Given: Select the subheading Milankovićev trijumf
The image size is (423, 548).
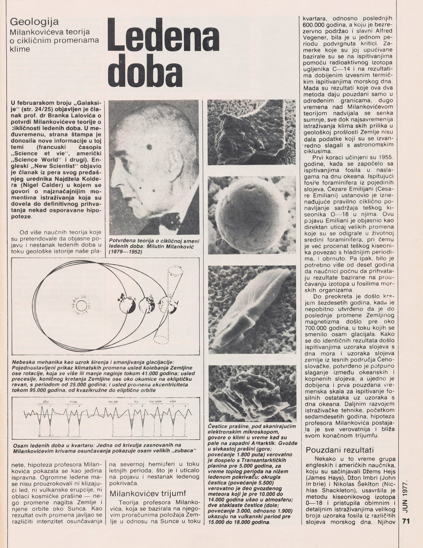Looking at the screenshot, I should click(148, 494).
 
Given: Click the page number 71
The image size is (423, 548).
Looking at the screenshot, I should click(406, 521).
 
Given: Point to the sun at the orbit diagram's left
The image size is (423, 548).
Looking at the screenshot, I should click(81, 306).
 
